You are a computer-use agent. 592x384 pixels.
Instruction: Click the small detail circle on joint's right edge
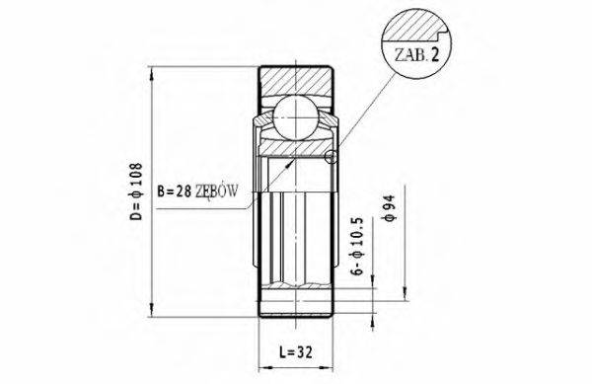tap(331, 156)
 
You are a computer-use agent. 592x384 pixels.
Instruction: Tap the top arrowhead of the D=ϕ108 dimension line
tap(151, 72)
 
